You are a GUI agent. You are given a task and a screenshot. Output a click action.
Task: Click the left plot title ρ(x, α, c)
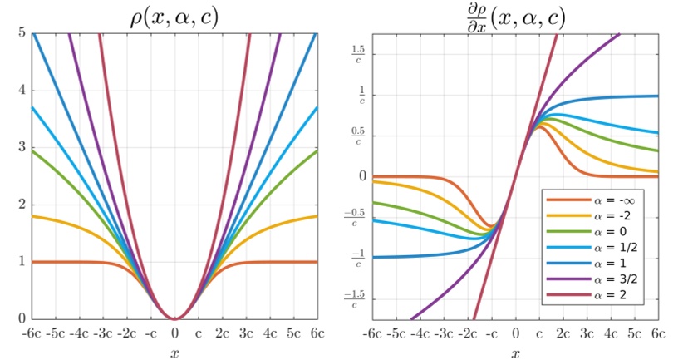click(174, 16)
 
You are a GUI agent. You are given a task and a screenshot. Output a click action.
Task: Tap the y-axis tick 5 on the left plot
click(22, 34)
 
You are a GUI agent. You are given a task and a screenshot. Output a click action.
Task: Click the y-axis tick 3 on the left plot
click(22, 148)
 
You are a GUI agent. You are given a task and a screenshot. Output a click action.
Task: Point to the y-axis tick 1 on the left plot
click(22, 262)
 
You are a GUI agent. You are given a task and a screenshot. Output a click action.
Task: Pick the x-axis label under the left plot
click(174, 352)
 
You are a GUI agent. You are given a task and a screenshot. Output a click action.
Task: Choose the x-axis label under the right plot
click(514, 352)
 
